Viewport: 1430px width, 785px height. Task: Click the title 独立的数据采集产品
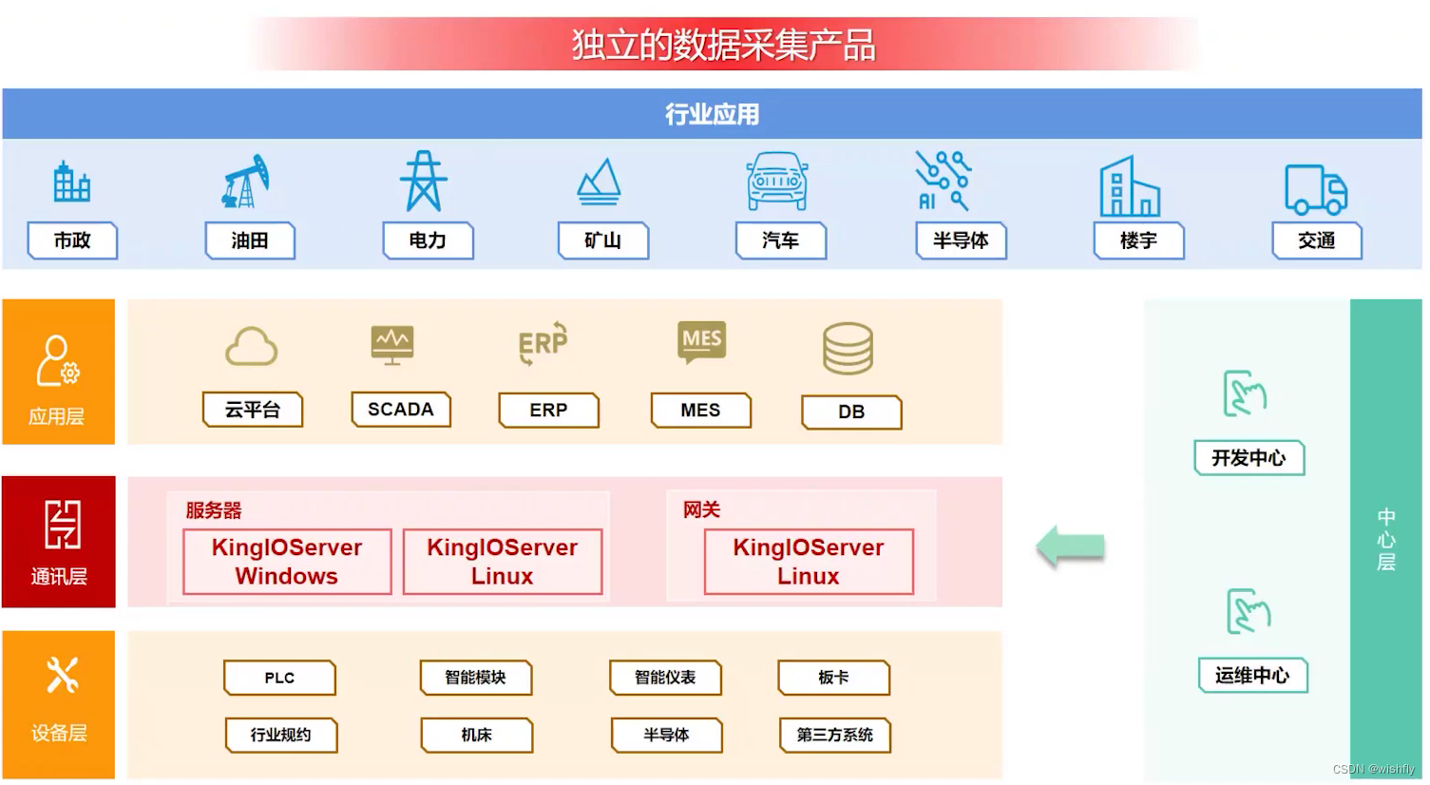coord(723,45)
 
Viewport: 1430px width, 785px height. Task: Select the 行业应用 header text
coord(712,114)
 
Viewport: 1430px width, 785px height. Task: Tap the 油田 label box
coord(250,240)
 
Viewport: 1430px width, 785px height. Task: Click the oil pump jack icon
coord(246,182)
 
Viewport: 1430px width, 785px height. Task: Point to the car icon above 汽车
coord(777,181)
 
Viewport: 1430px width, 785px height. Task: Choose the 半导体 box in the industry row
coord(961,240)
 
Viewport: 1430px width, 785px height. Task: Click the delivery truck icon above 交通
coord(1316,188)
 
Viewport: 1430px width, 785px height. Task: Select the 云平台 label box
coord(253,410)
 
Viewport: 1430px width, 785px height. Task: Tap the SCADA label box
coord(400,410)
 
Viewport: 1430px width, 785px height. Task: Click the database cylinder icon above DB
coord(848,349)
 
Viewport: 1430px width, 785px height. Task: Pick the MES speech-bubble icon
coord(701,340)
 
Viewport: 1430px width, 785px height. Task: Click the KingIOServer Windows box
coord(287,562)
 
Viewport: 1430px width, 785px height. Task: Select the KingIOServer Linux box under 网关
coord(809,562)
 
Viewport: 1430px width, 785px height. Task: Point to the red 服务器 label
coord(214,510)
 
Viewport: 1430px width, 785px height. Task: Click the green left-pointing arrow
coord(1071,546)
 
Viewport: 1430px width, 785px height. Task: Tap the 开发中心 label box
coord(1249,458)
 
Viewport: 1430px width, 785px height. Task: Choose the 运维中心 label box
coord(1252,676)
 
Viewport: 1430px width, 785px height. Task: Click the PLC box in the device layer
coord(279,678)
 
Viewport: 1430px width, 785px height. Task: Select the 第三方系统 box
coord(834,735)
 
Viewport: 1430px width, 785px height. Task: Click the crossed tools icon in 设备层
coord(62,676)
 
